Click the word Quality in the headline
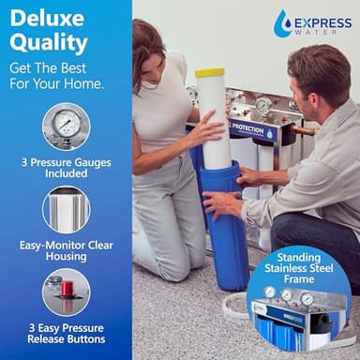[49, 43]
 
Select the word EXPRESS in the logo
[323, 19]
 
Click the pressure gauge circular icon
[66, 126]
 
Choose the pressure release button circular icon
[66, 292]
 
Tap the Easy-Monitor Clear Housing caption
[66, 248]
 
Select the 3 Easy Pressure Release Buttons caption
[66, 333]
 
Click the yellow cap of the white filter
[209, 72]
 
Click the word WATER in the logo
[324, 30]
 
